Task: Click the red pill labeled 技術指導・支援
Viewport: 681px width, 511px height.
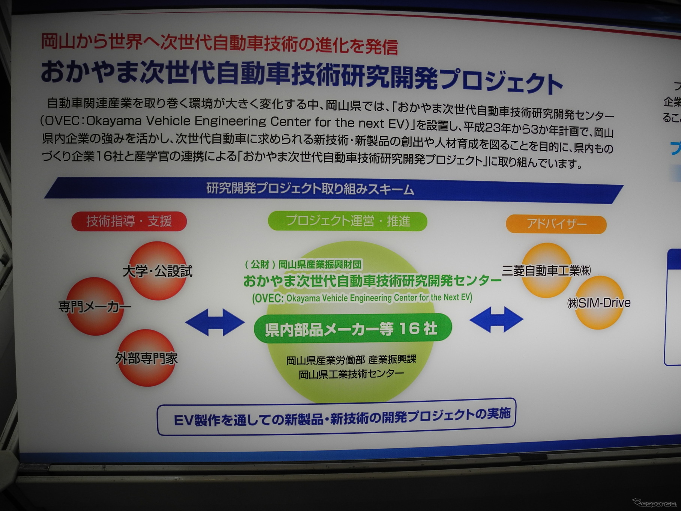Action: pyautogui.click(x=129, y=221)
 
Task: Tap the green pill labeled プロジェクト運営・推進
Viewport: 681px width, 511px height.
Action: pyautogui.click(x=347, y=221)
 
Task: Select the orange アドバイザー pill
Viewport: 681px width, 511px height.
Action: pyautogui.click(x=556, y=224)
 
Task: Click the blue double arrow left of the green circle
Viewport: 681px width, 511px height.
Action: pyautogui.click(x=215, y=322)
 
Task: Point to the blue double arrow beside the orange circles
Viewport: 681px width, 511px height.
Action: pyautogui.click(x=496, y=320)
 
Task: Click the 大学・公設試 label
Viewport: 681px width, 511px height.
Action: pyautogui.click(x=158, y=271)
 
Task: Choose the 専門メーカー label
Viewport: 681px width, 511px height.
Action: pyautogui.click(x=95, y=307)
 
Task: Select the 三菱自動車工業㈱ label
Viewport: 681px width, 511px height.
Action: pyautogui.click(x=546, y=270)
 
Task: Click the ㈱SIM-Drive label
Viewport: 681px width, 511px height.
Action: pyautogui.click(x=598, y=303)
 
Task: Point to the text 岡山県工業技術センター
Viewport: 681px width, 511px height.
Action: pyautogui.click(x=351, y=374)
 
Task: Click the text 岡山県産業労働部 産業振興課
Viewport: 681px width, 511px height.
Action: pyautogui.click(x=351, y=360)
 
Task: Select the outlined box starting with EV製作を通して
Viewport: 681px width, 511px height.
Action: pyautogui.click(x=336, y=417)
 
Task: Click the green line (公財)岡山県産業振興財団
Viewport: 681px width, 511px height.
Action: pyautogui.click(x=303, y=265)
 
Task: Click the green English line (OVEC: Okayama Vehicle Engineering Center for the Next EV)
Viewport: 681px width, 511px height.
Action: pyautogui.click(x=362, y=298)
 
